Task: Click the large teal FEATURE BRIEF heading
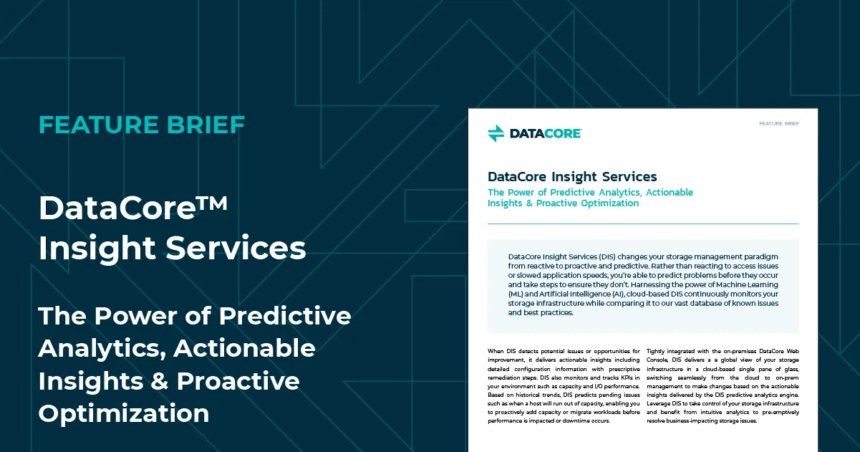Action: coord(142,125)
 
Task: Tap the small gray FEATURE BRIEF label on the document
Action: coord(778,124)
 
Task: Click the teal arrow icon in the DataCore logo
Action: coord(496,133)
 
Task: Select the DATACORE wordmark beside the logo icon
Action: coord(546,133)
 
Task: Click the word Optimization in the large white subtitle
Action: coord(124,414)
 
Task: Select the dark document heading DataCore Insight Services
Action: coord(572,177)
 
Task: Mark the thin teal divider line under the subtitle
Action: coord(643,223)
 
